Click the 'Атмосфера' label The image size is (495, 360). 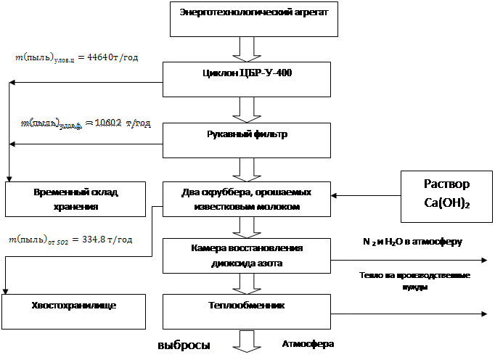308,345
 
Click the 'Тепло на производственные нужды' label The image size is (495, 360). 414,282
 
